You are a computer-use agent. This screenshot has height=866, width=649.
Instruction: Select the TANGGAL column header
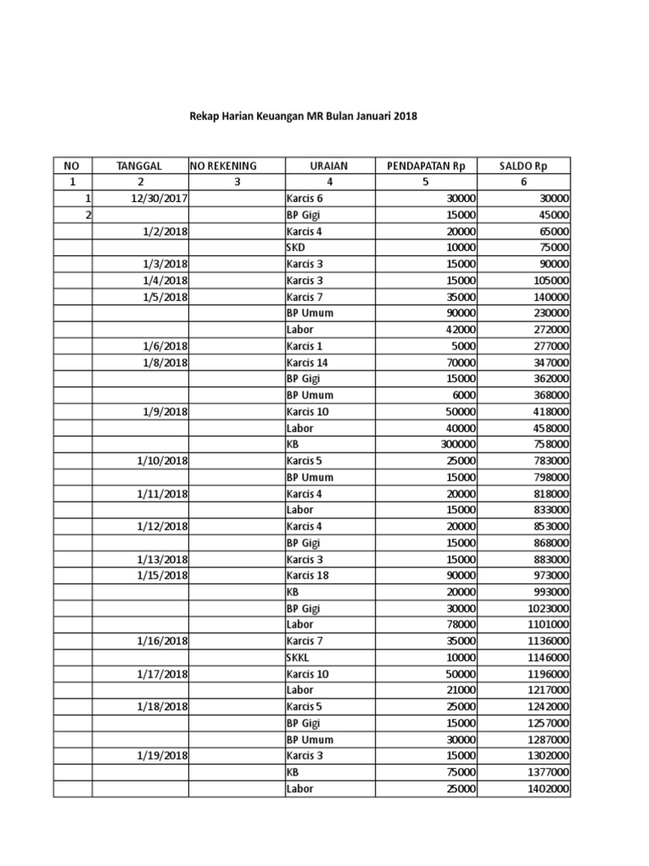click(139, 165)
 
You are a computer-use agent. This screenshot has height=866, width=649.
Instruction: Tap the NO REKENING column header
click(223, 165)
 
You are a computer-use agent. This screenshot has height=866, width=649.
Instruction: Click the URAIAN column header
click(329, 165)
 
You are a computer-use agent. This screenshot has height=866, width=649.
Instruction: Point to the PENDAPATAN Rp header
click(426, 165)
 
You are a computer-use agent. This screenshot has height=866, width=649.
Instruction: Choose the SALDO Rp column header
click(524, 165)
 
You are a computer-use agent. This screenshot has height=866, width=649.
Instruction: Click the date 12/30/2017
click(159, 198)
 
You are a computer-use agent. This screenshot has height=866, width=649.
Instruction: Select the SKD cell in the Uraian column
click(296, 247)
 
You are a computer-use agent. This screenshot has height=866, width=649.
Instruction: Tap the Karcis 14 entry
click(306, 362)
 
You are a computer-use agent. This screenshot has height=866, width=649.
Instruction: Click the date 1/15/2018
click(161, 575)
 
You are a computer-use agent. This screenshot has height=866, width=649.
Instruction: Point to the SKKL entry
click(298, 657)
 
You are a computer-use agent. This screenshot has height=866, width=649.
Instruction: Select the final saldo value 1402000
click(544, 788)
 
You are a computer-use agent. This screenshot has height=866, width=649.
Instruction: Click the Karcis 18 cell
click(306, 575)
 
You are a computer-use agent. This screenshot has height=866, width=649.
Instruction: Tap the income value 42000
click(461, 329)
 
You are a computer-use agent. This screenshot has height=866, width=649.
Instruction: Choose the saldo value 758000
click(547, 444)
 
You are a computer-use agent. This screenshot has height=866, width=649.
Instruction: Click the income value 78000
click(461, 624)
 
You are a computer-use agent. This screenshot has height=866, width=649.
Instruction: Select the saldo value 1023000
click(544, 608)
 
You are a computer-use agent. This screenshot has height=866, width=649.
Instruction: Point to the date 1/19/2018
click(161, 755)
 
